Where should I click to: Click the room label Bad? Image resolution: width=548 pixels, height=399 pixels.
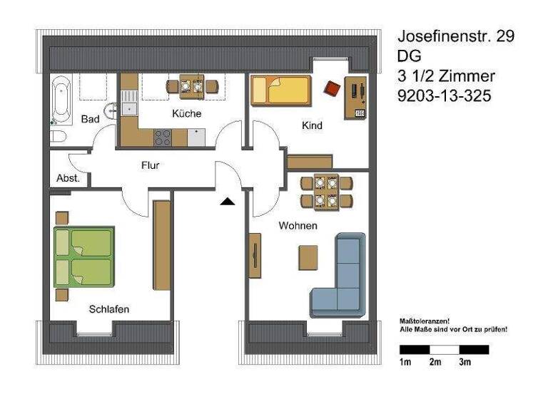(x=90, y=119)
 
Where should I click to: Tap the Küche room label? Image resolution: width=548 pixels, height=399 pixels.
(x=186, y=113)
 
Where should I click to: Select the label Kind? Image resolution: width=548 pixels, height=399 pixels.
(x=312, y=125)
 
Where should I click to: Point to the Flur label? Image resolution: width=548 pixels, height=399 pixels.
(x=150, y=165)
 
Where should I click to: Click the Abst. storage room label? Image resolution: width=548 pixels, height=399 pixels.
(x=68, y=178)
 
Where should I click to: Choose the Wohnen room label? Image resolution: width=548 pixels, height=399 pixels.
(x=298, y=226)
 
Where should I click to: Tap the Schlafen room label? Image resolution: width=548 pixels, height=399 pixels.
(x=109, y=309)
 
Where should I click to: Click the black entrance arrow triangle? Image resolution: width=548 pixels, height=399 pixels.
(x=228, y=202)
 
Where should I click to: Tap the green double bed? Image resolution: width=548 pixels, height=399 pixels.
(x=84, y=256)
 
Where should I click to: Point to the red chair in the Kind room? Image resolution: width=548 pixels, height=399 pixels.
(x=333, y=88)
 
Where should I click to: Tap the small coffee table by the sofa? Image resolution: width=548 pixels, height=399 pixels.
(x=308, y=256)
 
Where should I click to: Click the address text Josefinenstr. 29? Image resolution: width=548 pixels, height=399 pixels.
(x=455, y=36)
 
